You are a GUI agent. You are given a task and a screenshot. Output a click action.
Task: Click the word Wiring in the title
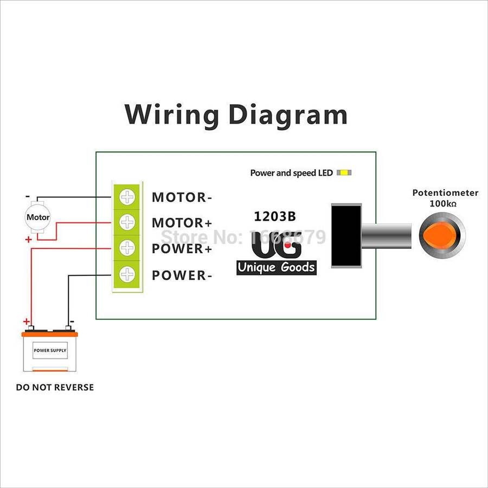[x=171, y=114]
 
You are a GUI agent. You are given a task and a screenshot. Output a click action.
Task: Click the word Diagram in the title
[x=288, y=114]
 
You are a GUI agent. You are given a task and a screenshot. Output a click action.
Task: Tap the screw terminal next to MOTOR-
[x=127, y=196]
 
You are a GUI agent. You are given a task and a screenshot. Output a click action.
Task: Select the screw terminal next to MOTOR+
[x=127, y=222]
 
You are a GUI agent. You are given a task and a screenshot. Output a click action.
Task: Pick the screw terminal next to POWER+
[x=127, y=248]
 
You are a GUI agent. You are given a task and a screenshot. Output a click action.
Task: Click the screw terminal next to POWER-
[x=127, y=274]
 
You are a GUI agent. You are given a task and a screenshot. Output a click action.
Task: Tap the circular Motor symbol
[x=38, y=217]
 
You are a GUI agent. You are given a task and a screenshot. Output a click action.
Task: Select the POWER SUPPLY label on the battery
[x=50, y=350]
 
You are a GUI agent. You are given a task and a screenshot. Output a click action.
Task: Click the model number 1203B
[x=275, y=216]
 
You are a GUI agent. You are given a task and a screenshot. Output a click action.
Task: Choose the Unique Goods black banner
[x=276, y=267]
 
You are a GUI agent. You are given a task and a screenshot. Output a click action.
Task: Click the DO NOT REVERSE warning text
[x=55, y=387]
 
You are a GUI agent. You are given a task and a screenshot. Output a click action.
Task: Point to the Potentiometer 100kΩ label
[x=445, y=197]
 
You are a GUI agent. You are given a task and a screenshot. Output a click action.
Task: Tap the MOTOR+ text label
[x=182, y=223]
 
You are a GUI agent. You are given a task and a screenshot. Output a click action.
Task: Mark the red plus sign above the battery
[x=26, y=321]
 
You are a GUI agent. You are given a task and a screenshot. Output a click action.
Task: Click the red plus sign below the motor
[x=28, y=239]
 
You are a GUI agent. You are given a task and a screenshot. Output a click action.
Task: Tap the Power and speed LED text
[x=291, y=173]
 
